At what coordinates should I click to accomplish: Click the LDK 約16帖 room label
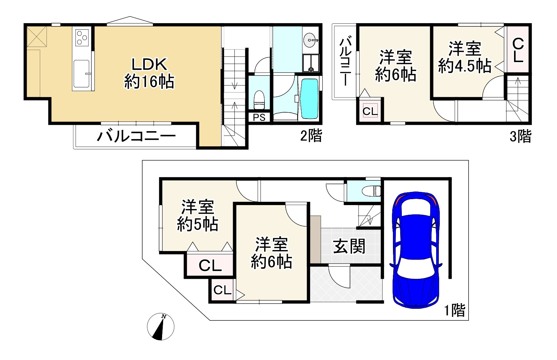point(149,73)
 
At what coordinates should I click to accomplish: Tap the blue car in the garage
point(416,250)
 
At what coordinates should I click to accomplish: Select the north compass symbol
point(161,326)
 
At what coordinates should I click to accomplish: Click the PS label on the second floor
point(259,118)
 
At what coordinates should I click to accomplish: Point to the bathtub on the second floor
point(309,99)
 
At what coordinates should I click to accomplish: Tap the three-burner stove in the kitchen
point(82,38)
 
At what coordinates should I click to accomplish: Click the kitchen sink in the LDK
point(81,74)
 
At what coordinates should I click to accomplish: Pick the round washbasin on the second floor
point(310,40)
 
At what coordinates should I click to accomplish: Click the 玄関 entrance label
point(349,246)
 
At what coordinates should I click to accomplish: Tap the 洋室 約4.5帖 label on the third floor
point(465,57)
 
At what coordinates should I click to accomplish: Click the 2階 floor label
point(311,136)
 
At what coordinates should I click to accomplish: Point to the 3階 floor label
point(520,136)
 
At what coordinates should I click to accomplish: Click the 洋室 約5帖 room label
point(197,216)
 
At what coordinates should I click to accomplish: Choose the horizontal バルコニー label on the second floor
point(136,136)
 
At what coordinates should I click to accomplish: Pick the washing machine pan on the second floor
point(311,63)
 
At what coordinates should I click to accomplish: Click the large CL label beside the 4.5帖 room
point(518,51)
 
